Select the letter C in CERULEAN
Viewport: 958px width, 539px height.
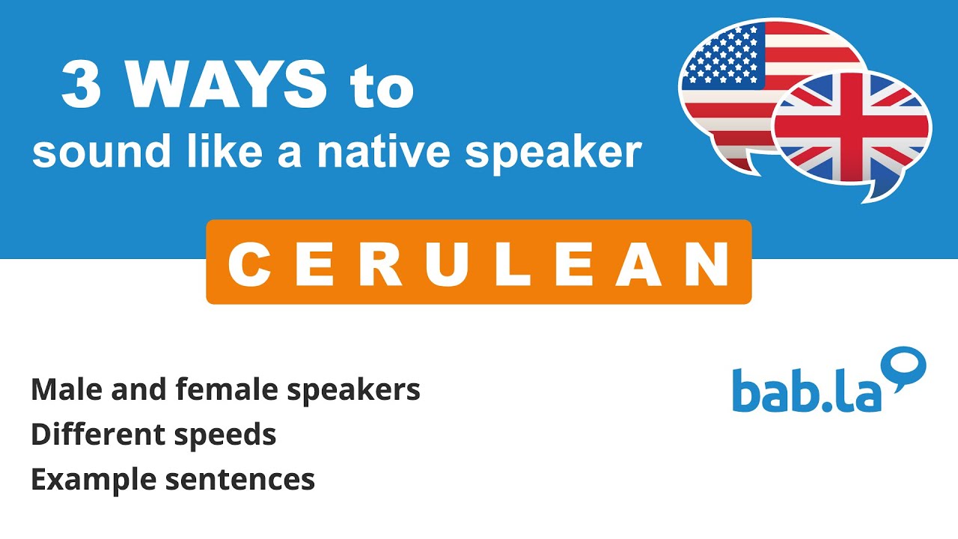point(248,264)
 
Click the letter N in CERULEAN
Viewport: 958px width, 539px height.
point(707,264)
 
